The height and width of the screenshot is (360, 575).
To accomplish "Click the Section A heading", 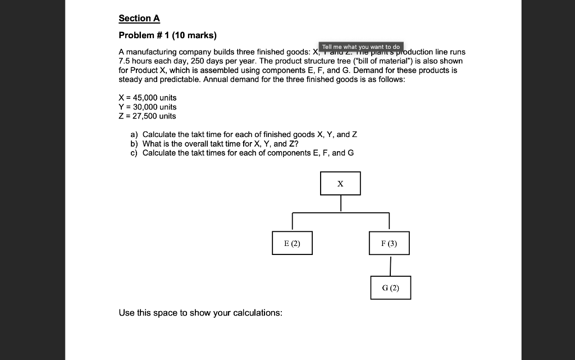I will pos(139,18).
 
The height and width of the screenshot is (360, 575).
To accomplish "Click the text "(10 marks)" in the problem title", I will pos(194,35).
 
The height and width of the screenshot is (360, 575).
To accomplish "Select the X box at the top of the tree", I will pos(340,184).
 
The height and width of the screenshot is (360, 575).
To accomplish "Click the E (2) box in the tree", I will pos(292,243).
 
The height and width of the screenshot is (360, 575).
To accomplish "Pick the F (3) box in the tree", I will pos(389,243).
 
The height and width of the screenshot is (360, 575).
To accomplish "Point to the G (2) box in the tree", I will pos(390,288).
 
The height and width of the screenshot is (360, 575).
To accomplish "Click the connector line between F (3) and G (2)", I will pos(390,265).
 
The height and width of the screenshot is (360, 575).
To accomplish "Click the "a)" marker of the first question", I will pos(134,135).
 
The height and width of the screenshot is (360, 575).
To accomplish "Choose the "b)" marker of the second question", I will pos(134,144).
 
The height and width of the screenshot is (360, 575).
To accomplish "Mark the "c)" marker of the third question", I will pos(134,153).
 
